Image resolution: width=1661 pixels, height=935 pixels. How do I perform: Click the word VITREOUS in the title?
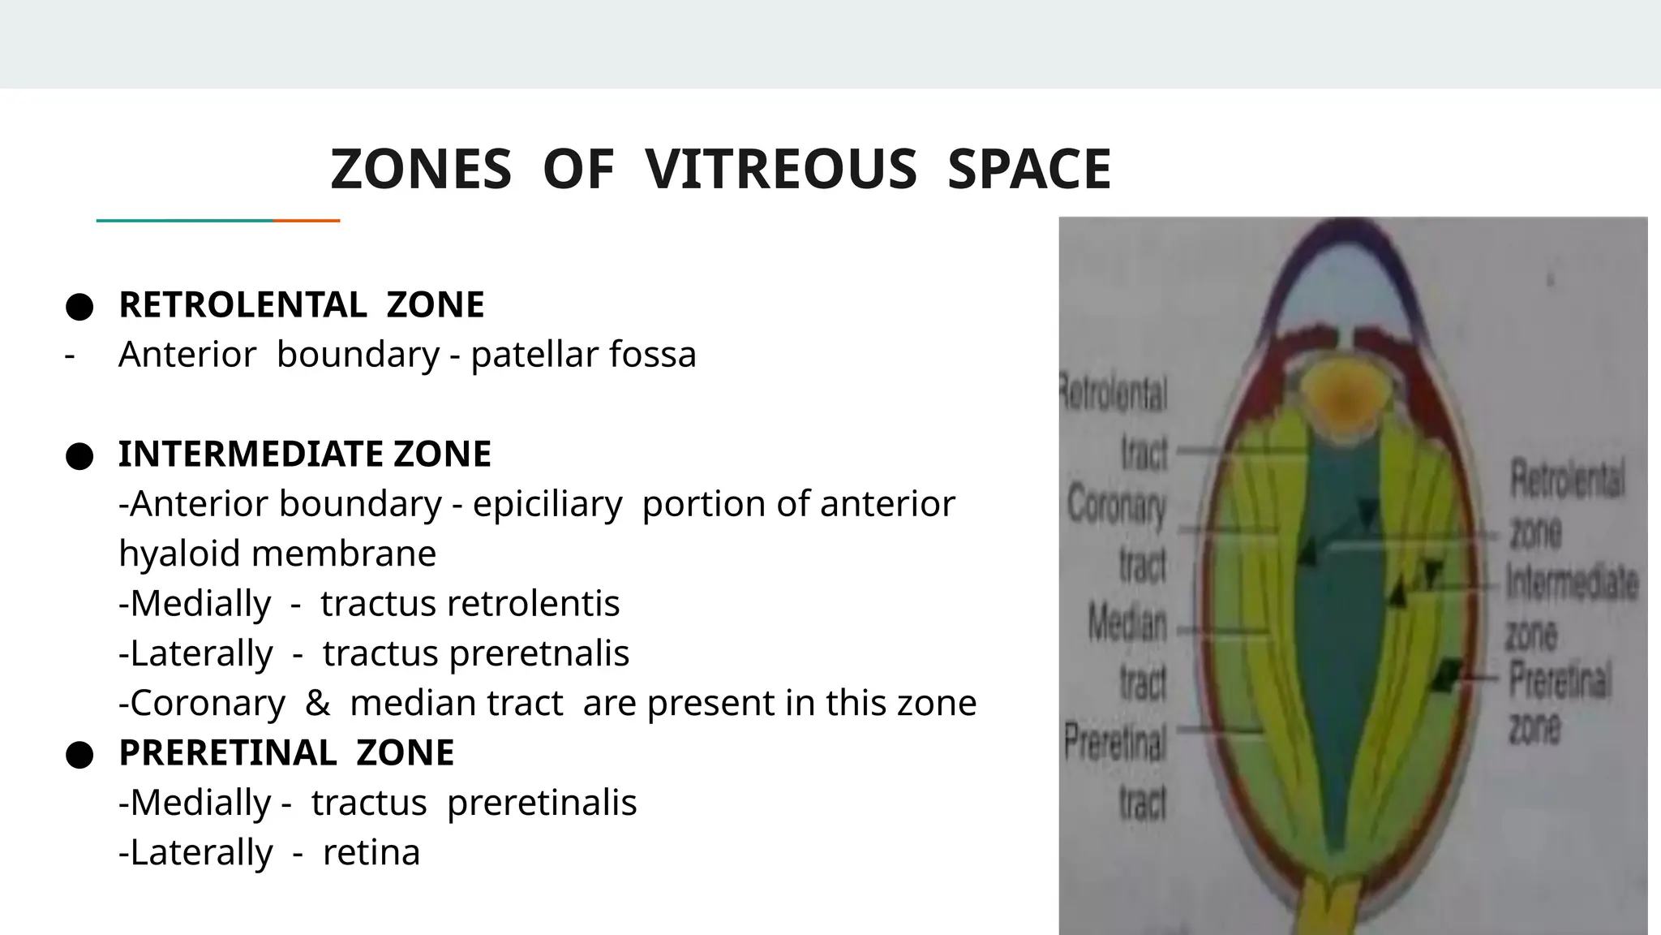(x=781, y=170)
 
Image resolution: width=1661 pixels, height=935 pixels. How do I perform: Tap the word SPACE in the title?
(x=1028, y=170)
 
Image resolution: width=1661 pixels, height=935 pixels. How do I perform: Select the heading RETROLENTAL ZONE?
(x=301, y=305)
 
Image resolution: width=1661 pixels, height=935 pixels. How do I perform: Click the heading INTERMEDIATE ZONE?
(x=304, y=454)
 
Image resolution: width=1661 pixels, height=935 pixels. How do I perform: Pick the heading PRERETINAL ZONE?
(x=285, y=752)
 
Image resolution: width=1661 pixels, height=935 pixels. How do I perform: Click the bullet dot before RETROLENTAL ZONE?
(x=79, y=307)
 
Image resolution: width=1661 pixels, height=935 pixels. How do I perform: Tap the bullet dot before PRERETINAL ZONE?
(x=79, y=755)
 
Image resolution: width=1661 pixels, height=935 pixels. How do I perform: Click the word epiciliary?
(x=547, y=504)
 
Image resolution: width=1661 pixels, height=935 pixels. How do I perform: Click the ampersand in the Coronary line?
(x=317, y=703)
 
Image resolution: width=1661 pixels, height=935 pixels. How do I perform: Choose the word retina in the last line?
(x=371, y=852)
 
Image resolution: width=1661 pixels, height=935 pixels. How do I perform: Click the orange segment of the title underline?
(x=307, y=221)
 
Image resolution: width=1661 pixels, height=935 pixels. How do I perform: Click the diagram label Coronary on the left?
(x=1117, y=506)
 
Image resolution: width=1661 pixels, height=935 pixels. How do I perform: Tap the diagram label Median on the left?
(x=1127, y=623)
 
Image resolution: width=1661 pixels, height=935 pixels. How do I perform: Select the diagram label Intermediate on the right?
(x=1571, y=583)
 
